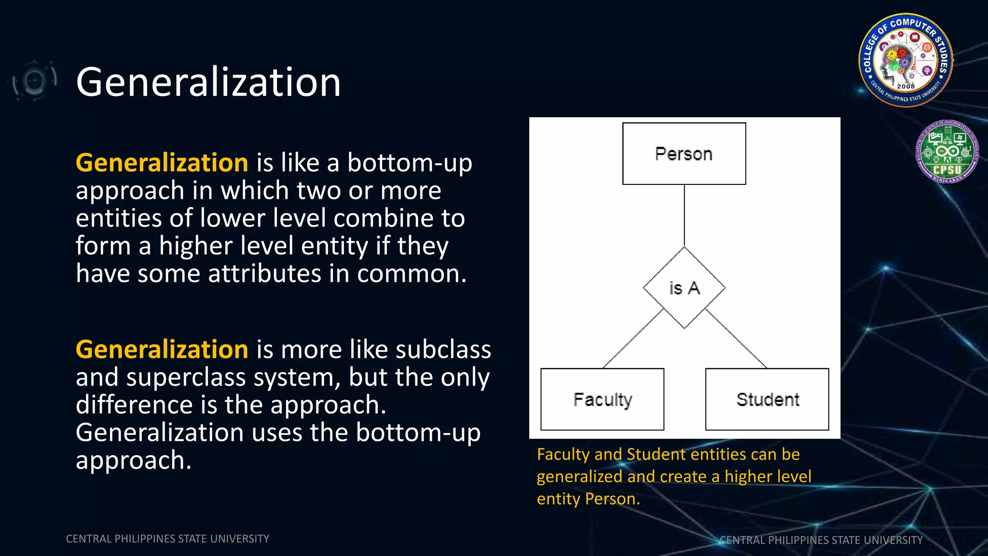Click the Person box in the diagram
tap(684, 153)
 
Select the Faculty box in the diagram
tap(602, 399)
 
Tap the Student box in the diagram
tap(767, 399)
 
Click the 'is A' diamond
tap(684, 288)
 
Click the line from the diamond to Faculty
tap(633, 339)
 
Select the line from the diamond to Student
tap(736, 338)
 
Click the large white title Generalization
tap(208, 82)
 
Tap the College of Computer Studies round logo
tap(906, 59)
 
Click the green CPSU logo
tap(947, 152)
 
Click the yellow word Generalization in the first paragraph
tap(162, 162)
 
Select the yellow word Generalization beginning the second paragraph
tap(162, 349)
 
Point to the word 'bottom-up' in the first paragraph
tap(410, 163)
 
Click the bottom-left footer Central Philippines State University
tap(167, 539)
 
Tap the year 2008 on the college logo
tap(906, 86)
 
